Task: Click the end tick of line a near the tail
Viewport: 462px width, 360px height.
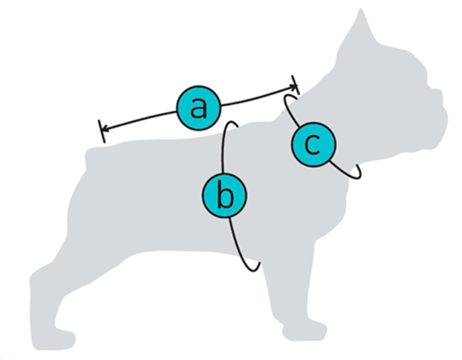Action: click(x=102, y=131)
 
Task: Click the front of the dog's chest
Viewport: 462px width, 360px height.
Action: click(x=346, y=200)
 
